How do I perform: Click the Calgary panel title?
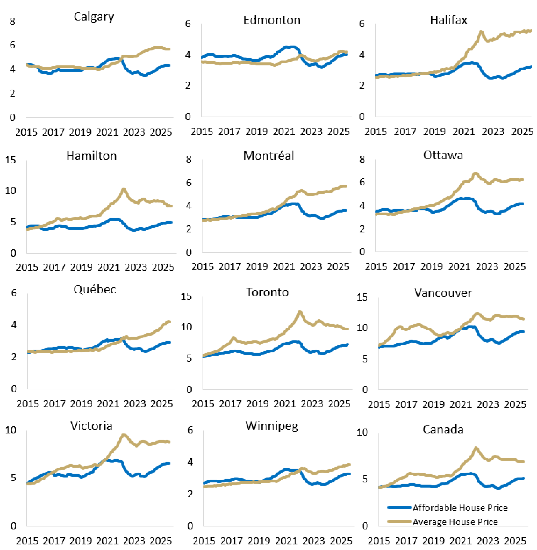[94, 17]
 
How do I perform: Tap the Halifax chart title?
[448, 20]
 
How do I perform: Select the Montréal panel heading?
[268, 156]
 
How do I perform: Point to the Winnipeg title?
[272, 426]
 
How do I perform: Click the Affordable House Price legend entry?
[460, 508]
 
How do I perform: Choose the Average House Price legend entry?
[455, 522]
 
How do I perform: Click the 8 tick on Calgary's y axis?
[12, 21]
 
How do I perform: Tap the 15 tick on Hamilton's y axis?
[10, 160]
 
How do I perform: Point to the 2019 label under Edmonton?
[256, 132]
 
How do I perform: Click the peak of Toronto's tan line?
[300, 312]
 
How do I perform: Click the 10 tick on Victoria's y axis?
[11, 430]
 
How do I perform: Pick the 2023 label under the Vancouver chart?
[488, 404]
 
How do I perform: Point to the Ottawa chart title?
[443, 155]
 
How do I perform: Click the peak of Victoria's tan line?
[123, 435]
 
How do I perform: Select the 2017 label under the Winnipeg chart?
[232, 541]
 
